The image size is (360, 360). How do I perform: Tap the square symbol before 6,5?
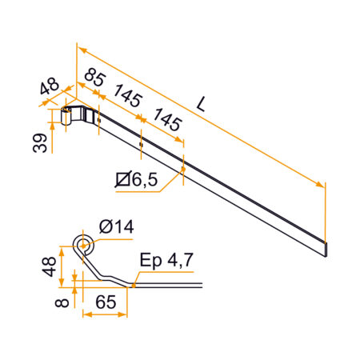click(122, 182)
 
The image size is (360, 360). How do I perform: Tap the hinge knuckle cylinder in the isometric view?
click(66, 115)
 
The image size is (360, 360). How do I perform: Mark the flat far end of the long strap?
click(326, 248)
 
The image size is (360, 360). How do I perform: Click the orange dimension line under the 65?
click(105, 316)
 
